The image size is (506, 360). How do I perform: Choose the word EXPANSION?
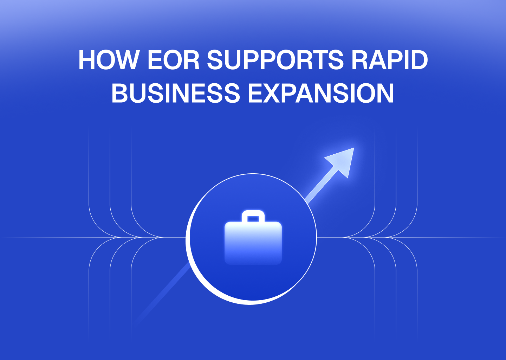coord(321,93)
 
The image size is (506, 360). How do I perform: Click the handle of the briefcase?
coord(253,215)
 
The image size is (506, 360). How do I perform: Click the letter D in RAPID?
coord(418,60)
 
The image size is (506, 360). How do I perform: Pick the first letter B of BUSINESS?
coord(120,93)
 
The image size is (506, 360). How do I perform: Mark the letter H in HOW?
coord(87,60)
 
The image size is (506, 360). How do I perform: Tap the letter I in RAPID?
coord(402,60)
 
